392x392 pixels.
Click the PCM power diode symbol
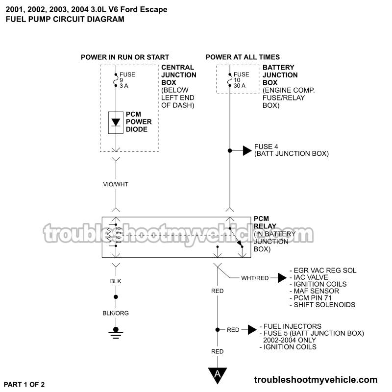[x=116, y=122]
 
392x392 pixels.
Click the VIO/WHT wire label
[x=116, y=184]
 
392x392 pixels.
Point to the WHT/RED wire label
[x=255, y=278]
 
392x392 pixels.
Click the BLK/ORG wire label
[x=116, y=313]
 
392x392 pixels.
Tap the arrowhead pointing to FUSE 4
[x=247, y=150]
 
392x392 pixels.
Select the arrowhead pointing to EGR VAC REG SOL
[x=282, y=278]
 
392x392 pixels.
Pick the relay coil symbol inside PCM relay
[x=109, y=235]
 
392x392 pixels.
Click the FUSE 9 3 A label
[x=127, y=80]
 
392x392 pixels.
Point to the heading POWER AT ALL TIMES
[x=243, y=57]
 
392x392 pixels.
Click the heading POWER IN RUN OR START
[x=125, y=57]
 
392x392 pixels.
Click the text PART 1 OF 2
[x=27, y=384]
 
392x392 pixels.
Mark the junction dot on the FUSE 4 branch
[x=229, y=150]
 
